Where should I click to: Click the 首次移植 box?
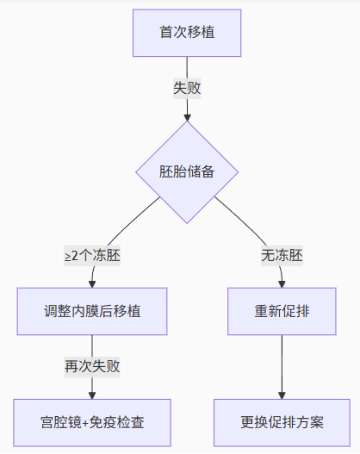[x=187, y=33]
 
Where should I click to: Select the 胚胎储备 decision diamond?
[x=187, y=172]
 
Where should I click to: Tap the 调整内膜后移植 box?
[x=92, y=311]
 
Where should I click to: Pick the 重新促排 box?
[x=282, y=311]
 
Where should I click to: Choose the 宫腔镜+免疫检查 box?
[x=92, y=423]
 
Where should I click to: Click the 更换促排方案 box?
[x=282, y=423]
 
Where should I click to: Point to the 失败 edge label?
[x=187, y=89]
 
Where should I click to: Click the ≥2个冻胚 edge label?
[x=92, y=256]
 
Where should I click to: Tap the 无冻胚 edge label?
[x=282, y=256]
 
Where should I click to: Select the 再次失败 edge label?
[x=92, y=367]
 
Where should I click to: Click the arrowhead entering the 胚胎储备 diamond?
[x=187, y=118]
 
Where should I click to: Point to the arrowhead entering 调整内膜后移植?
[x=92, y=284]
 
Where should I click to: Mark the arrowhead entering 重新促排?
[x=282, y=284]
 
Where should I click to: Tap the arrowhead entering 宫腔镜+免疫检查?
[x=92, y=395]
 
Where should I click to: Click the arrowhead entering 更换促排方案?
[x=282, y=395]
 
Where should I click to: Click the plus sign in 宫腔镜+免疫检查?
[x=85, y=423]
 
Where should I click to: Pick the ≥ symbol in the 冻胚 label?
[x=68, y=257]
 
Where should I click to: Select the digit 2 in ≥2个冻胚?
[x=75, y=256]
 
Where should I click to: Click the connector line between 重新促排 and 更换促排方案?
[x=282, y=365]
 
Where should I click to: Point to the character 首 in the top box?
[x=166, y=32]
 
